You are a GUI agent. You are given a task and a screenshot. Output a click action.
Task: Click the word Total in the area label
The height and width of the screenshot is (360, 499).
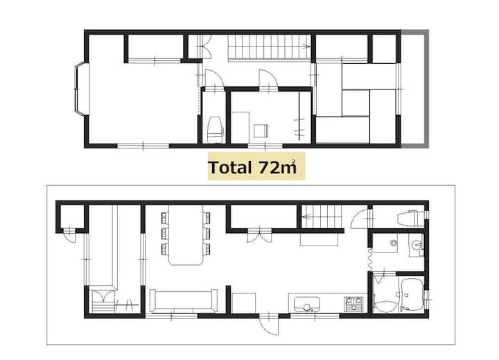(x=230, y=167)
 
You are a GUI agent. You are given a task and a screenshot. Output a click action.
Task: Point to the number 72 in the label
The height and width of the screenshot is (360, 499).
(x=269, y=167)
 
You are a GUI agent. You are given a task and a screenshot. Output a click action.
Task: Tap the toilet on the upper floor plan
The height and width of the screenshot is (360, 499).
(x=215, y=129)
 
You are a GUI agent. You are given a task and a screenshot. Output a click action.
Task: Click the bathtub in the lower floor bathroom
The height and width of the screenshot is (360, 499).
(x=412, y=295)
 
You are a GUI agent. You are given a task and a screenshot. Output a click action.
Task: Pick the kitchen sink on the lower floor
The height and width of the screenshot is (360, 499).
(x=307, y=304)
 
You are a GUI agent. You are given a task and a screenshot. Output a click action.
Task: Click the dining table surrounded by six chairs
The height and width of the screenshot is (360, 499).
(x=186, y=235)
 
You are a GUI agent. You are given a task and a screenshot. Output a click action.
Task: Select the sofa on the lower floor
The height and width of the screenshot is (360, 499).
(x=183, y=301)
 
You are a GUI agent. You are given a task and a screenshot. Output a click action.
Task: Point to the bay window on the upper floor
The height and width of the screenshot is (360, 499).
(x=81, y=89)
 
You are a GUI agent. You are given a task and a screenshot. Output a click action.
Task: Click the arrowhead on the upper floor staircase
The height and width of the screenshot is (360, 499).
(x=307, y=47)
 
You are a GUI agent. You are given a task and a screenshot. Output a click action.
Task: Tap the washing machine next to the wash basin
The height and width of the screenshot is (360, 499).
(x=386, y=243)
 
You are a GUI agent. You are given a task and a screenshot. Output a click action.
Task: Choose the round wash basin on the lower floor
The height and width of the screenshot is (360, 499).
(x=415, y=244)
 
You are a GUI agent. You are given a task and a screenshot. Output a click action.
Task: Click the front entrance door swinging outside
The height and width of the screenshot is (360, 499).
(x=268, y=325)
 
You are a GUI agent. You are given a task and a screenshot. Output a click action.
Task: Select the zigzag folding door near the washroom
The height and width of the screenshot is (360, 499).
(x=370, y=259)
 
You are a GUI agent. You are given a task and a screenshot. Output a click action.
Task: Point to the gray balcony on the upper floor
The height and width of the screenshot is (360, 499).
(x=414, y=89)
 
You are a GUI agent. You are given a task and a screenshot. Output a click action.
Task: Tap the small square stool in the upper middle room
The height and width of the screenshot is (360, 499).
(x=261, y=130)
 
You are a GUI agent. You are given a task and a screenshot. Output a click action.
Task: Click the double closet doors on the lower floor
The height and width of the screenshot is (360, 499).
(x=259, y=234)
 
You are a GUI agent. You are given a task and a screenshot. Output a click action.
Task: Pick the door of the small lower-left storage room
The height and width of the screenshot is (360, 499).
(x=69, y=234)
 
